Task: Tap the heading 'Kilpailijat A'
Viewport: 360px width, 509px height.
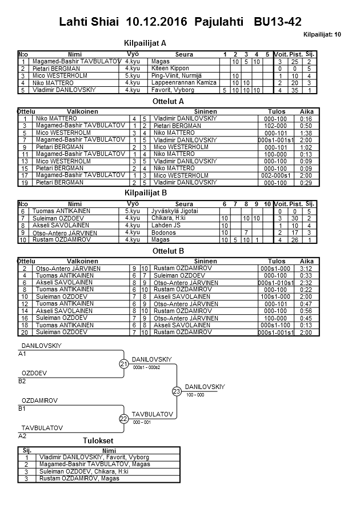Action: click(x=145, y=43)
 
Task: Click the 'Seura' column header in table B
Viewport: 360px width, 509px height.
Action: click(x=184, y=204)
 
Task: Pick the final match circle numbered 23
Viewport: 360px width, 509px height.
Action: click(x=177, y=391)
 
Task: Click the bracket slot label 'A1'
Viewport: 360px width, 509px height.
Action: click(x=22, y=354)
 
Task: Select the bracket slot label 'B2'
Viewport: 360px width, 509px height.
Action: click(x=22, y=380)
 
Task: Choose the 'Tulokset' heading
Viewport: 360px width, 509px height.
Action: click(x=98, y=441)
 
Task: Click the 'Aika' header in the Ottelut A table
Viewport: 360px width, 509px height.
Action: click(x=306, y=111)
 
